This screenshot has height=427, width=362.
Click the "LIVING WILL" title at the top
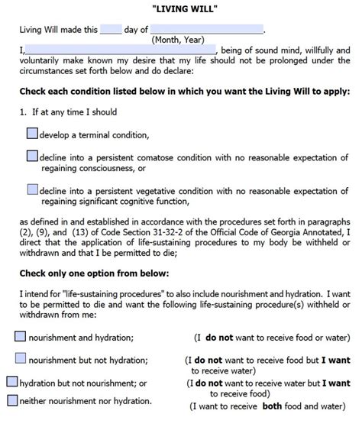(x=181, y=7)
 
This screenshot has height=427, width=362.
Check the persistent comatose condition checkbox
(x=31, y=156)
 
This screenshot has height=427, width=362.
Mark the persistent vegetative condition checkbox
(x=31, y=189)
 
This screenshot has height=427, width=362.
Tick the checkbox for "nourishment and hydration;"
(x=21, y=335)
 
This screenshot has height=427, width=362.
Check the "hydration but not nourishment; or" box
(x=11, y=380)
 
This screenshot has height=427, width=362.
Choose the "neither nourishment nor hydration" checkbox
(x=11, y=400)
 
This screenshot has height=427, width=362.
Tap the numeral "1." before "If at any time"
(x=22, y=114)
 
